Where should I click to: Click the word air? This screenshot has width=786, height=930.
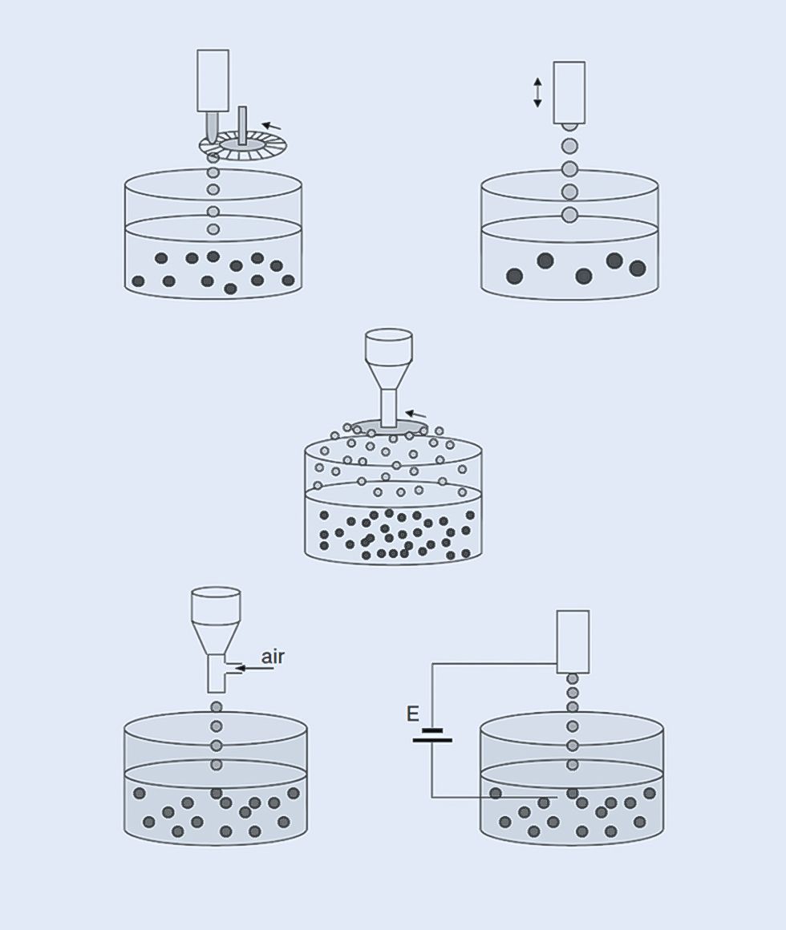tap(272, 657)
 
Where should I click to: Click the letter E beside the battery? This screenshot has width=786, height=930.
tap(413, 714)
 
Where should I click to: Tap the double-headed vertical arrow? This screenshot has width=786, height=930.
tap(537, 92)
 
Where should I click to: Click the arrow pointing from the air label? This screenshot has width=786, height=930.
tap(254, 669)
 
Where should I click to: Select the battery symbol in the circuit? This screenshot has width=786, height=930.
tap(432, 735)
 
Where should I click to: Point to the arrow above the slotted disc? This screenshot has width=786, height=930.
tap(272, 126)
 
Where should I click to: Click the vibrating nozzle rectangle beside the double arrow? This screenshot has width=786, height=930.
tap(569, 92)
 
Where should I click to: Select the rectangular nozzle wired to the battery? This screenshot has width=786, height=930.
tap(573, 641)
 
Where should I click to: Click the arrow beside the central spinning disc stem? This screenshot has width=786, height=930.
tap(415, 414)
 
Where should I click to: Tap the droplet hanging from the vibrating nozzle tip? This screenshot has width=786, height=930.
tap(569, 126)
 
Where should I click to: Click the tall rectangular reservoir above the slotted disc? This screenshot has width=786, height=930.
tap(213, 81)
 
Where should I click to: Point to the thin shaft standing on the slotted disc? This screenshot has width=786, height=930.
tap(243, 126)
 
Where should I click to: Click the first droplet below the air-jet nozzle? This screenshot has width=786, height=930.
tap(217, 707)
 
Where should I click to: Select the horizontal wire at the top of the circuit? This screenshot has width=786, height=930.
tap(494, 665)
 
